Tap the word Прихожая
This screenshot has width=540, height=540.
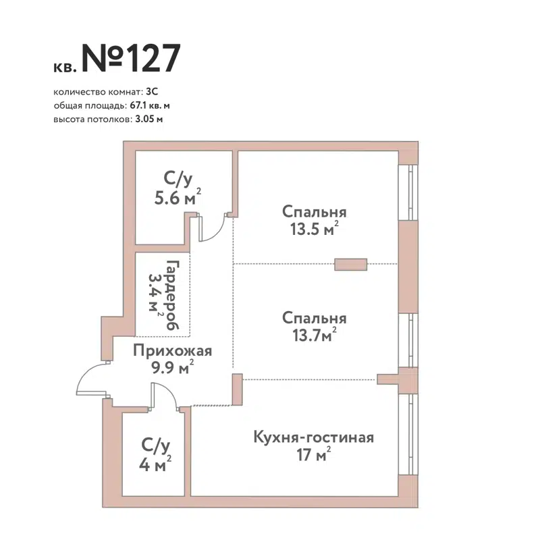pos(172,350)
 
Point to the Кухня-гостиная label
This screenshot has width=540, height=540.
pos(313,437)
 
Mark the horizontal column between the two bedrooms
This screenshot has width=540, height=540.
pos(351,265)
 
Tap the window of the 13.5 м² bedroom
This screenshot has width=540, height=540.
pos(408,192)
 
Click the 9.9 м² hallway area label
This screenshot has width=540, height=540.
pos(174,367)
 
